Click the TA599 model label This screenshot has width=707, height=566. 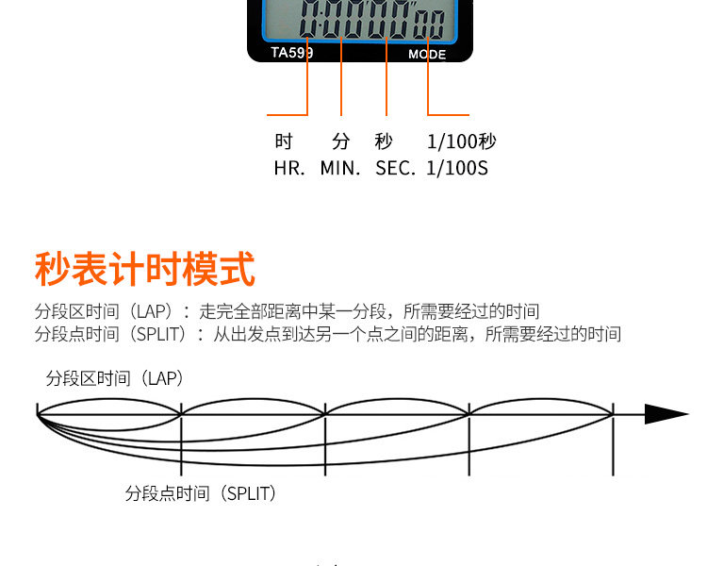pyautogui.click(x=291, y=53)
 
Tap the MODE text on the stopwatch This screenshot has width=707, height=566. pyautogui.click(x=426, y=55)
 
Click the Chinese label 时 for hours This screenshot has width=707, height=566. pyautogui.click(x=284, y=141)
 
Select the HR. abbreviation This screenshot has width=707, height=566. pyautogui.click(x=288, y=169)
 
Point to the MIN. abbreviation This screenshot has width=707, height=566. pyautogui.click(x=340, y=169)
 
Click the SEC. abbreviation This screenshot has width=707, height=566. pyautogui.click(x=395, y=169)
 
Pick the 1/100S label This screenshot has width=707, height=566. pyautogui.click(x=457, y=169)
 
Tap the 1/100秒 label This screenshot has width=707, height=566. pyautogui.click(x=461, y=141)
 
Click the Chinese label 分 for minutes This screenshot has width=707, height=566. pyautogui.click(x=341, y=141)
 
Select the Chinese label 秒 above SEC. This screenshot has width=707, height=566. pyautogui.click(x=384, y=141)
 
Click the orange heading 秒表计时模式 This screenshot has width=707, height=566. pyautogui.click(x=144, y=269)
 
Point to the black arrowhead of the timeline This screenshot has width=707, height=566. pyautogui.click(x=666, y=414)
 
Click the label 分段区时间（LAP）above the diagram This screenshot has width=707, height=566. pyautogui.click(x=114, y=378)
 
